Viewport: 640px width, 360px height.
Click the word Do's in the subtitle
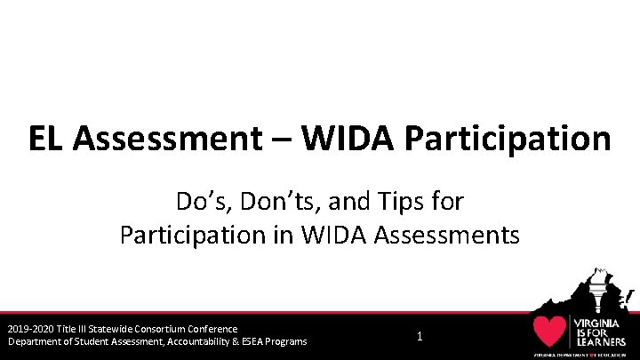(x=202, y=202)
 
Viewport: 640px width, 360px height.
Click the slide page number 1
(x=420, y=336)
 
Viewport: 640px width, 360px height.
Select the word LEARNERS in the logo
(x=601, y=341)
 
